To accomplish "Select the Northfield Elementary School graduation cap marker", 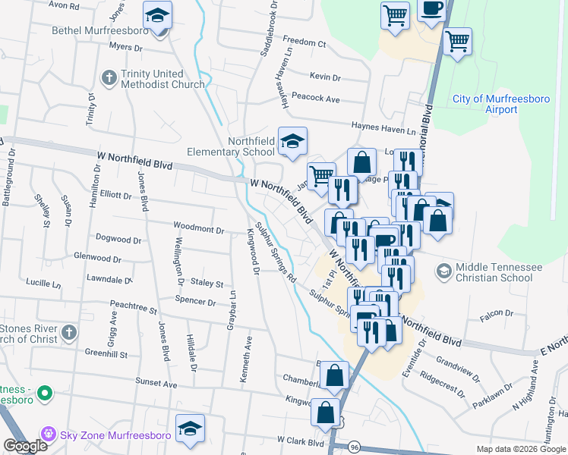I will (x=292, y=141).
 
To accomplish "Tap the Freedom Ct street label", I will (x=304, y=39).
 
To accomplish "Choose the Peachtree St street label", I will (x=133, y=310).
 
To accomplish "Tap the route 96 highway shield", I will (x=355, y=447).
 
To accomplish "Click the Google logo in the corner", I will (x=25, y=446).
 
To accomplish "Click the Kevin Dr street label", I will (x=325, y=77).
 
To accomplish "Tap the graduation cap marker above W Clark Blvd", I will (x=190, y=428).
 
